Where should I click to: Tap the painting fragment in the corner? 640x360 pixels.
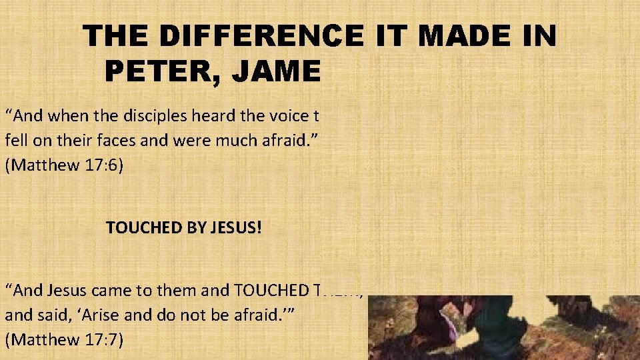503,327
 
